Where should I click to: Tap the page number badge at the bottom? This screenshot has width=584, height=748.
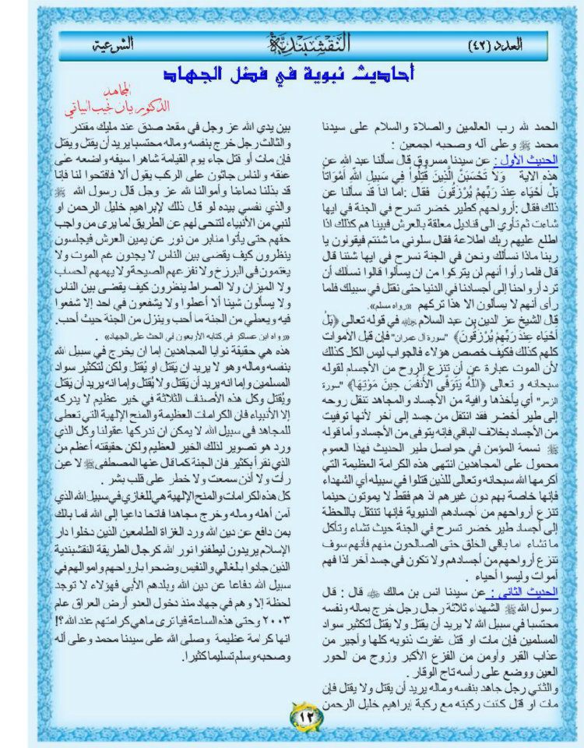[x=301, y=714]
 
